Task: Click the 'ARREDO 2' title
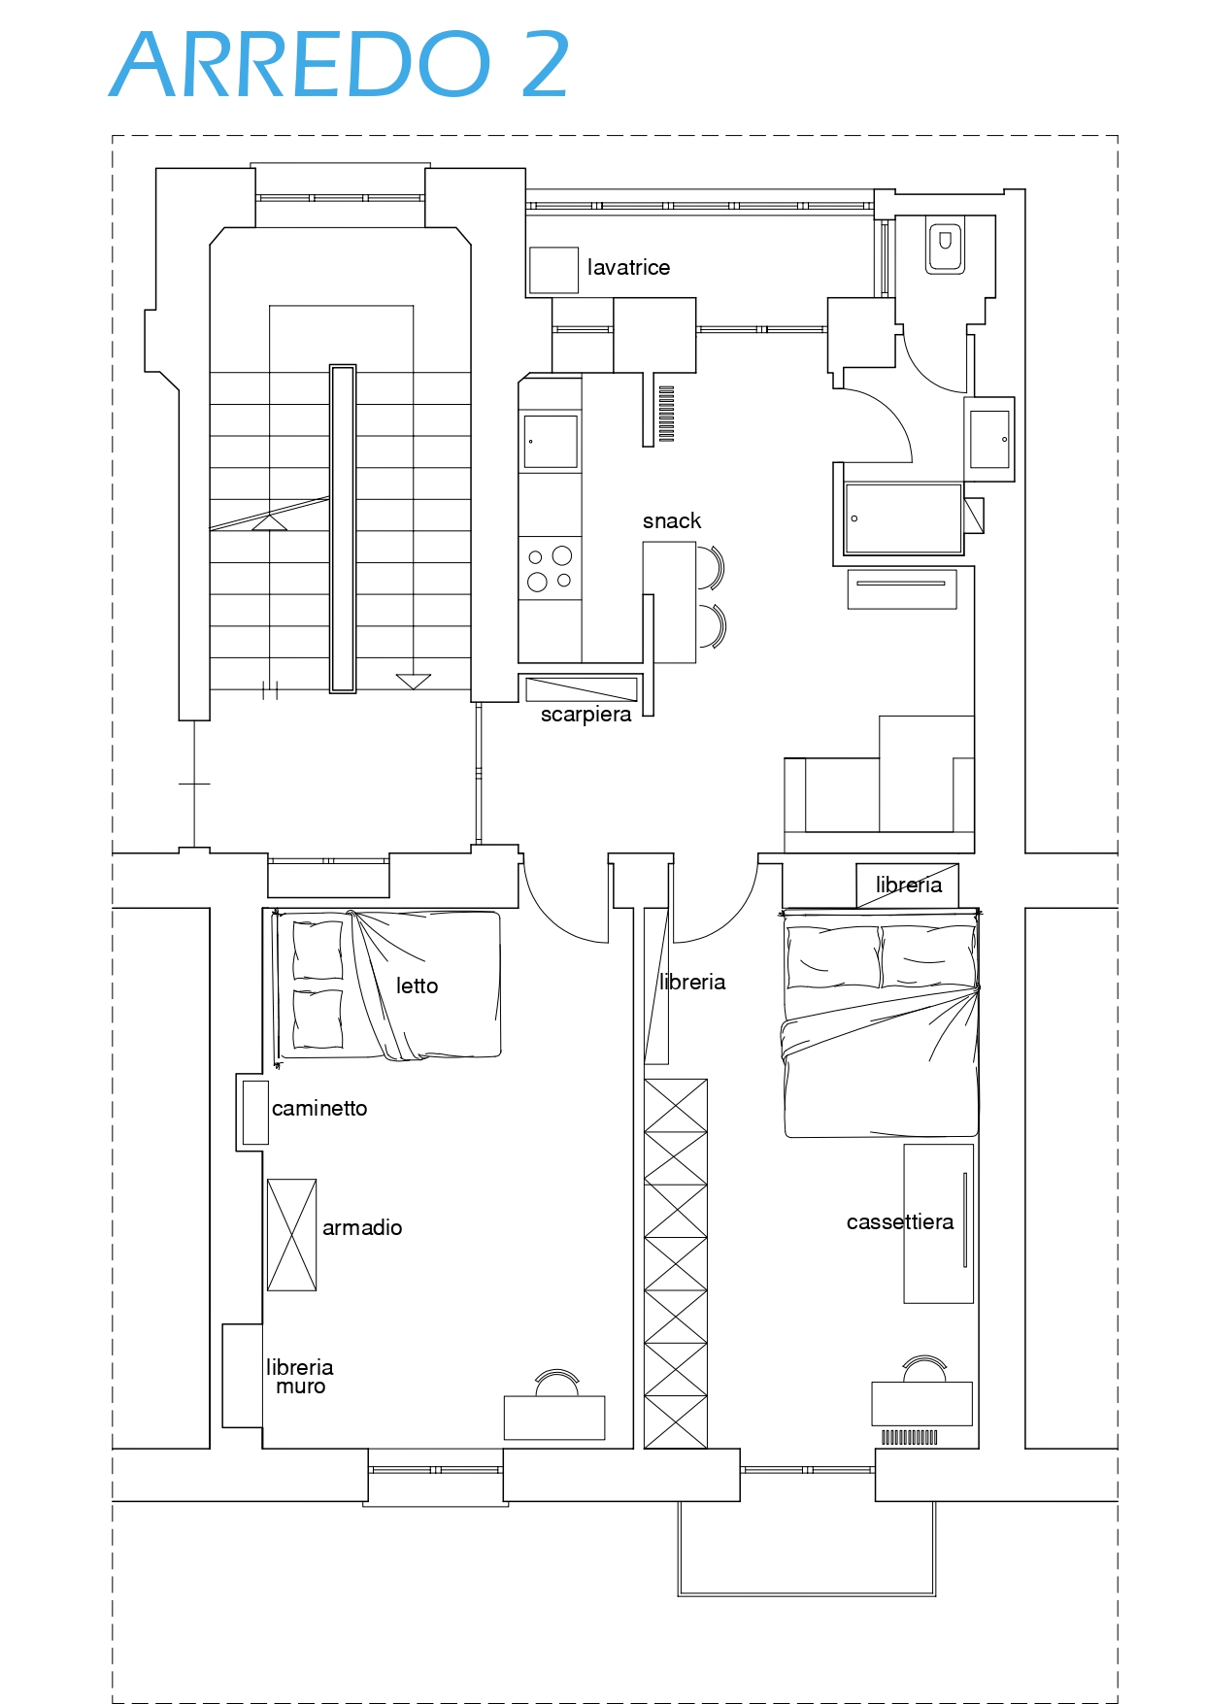click(340, 64)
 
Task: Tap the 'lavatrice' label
click(628, 267)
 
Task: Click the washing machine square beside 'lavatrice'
click(553, 270)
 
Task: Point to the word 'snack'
click(672, 520)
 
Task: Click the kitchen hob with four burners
click(550, 569)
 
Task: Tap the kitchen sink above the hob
click(551, 441)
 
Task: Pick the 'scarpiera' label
click(586, 715)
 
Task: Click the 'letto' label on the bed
click(417, 986)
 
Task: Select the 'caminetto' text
click(319, 1108)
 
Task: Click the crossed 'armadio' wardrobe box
click(292, 1235)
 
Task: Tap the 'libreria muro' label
click(300, 1377)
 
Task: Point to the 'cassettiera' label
click(900, 1221)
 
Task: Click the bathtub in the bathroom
click(903, 518)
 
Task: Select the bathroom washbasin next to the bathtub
click(989, 439)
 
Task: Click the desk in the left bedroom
click(554, 1418)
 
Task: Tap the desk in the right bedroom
click(921, 1404)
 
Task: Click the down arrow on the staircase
click(414, 682)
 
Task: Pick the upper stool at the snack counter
click(711, 568)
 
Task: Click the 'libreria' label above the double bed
click(909, 885)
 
